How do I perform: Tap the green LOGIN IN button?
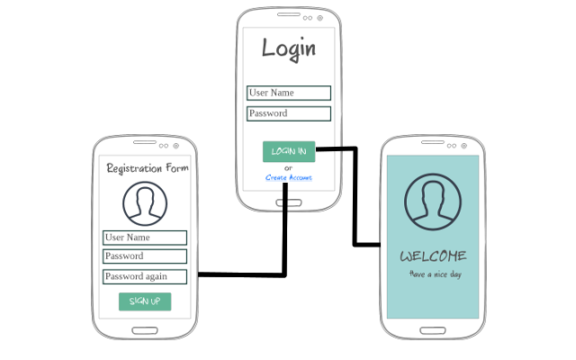289,151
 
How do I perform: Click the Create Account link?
289,178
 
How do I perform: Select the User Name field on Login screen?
289,93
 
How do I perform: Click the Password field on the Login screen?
289,114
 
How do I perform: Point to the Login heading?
289,49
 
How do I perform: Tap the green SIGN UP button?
145,301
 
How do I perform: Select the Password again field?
145,276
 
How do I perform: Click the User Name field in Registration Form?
145,238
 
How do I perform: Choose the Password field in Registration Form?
145,256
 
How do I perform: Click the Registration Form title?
147,168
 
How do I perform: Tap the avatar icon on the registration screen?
145,203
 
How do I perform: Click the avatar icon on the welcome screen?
433,200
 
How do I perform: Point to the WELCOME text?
433,256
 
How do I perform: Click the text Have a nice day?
435,274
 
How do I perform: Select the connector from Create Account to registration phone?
285,243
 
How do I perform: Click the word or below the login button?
288,167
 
